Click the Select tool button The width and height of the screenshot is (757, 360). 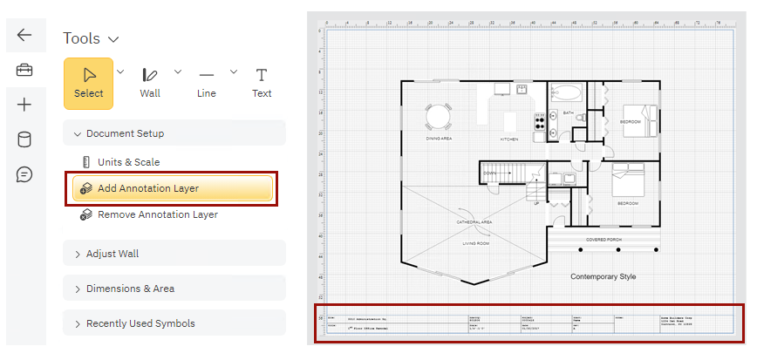tap(88, 83)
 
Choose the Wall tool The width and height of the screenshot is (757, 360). tap(150, 83)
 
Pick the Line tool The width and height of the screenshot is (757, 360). tap(206, 83)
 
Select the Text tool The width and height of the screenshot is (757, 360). tap(262, 83)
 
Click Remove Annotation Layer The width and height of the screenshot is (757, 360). tap(157, 214)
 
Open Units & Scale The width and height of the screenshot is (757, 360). tap(128, 162)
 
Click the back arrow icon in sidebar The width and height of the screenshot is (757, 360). tap(24, 35)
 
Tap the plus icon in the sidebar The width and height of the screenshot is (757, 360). tap(24, 105)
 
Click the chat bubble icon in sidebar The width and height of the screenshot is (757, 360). tap(24, 174)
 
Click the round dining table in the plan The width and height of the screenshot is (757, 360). tap(439, 116)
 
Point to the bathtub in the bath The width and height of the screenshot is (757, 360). tap(567, 94)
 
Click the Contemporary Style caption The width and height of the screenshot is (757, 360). tap(604, 276)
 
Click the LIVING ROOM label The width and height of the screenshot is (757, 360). tap(475, 244)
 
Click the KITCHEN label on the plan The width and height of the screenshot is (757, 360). tap(509, 139)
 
